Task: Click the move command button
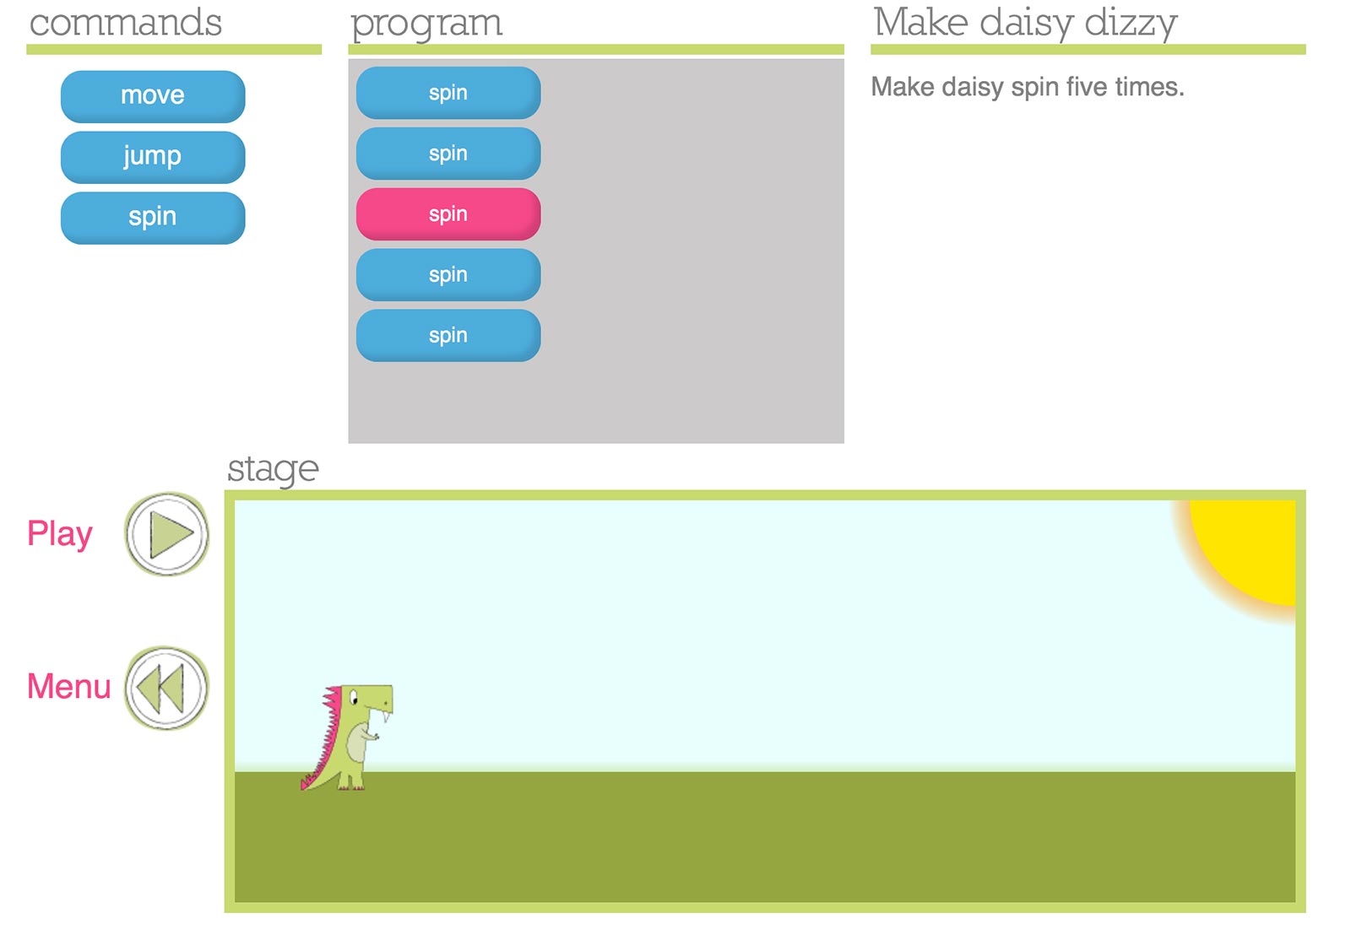click(x=153, y=96)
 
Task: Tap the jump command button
click(x=153, y=157)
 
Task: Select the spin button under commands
click(x=153, y=218)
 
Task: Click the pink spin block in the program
click(x=448, y=214)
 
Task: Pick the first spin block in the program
click(x=448, y=92)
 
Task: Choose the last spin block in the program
click(x=448, y=335)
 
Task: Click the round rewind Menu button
click(x=166, y=689)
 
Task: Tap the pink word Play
click(x=60, y=534)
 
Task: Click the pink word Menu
click(x=68, y=686)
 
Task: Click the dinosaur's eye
click(x=354, y=699)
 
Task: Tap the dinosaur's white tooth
click(x=386, y=716)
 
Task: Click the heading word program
click(x=426, y=25)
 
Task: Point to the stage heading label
click(x=273, y=469)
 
